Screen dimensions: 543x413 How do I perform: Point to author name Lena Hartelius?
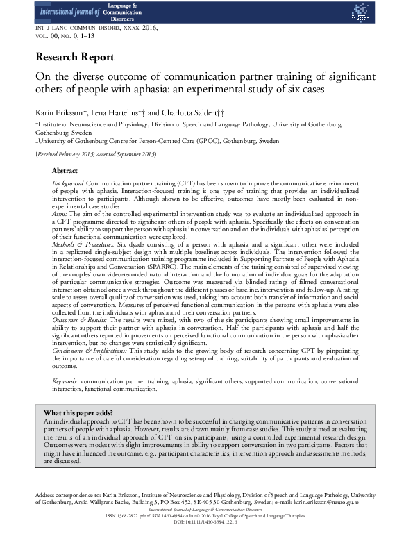click(111, 112)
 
